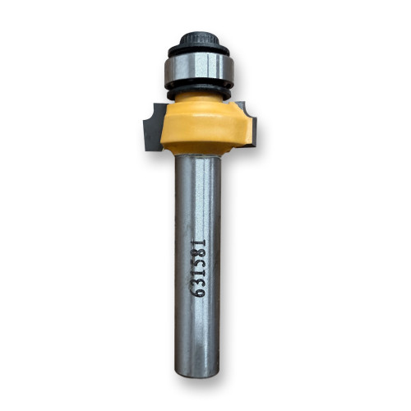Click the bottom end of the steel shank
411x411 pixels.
point(197,374)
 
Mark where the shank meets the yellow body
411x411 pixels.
point(197,156)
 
